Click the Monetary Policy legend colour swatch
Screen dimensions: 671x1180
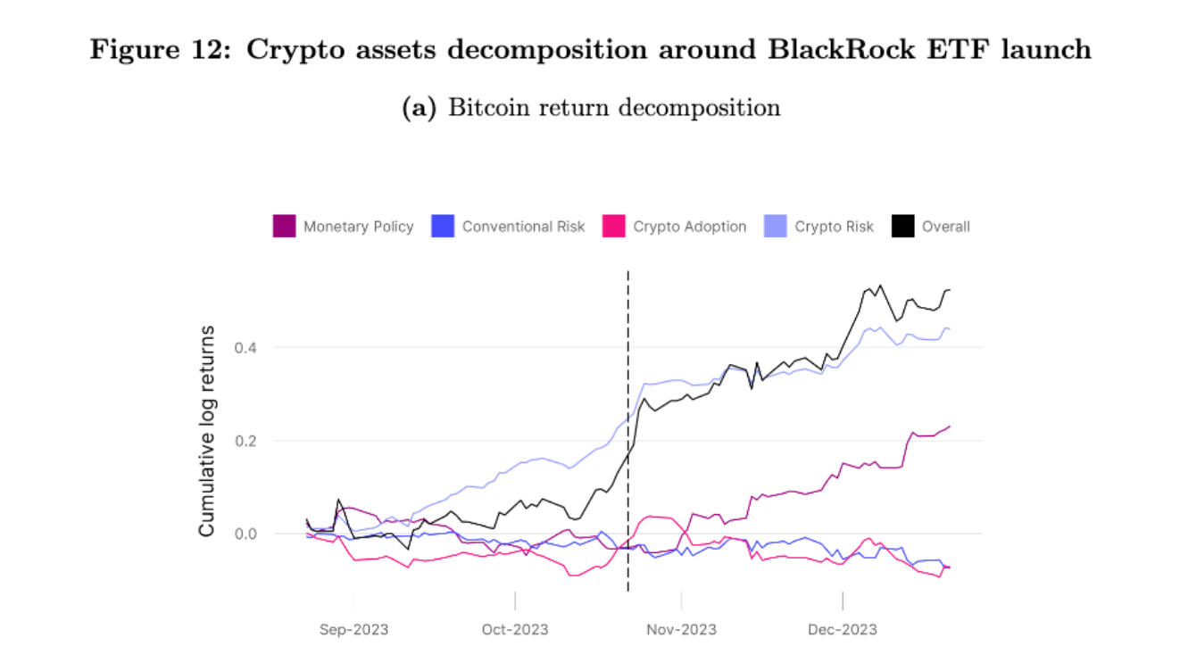[x=284, y=227]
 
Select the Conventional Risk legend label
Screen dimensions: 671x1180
[x=523, y=227]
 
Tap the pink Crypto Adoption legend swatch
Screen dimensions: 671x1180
[x=614, y=227]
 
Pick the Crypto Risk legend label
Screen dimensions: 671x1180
[x=834, y=227]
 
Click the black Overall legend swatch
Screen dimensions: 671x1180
[x=902, y=227]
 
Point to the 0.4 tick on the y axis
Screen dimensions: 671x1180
[x=245, y=347]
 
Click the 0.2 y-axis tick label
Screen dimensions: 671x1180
[x=245, y=441]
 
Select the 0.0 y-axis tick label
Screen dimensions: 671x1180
[x=245, y=534]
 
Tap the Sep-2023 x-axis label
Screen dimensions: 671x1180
[x=353, y=630]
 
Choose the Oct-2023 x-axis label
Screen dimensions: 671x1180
[x=515, y=630]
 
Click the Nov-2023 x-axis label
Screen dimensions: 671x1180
[x=681, y=630]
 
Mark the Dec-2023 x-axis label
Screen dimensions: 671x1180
[x=843, y=630]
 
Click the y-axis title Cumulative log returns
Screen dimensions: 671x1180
[x=207, y=431]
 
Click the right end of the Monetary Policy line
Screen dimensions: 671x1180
[x=950, y=426]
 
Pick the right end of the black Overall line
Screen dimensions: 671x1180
[x=950, y=290]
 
